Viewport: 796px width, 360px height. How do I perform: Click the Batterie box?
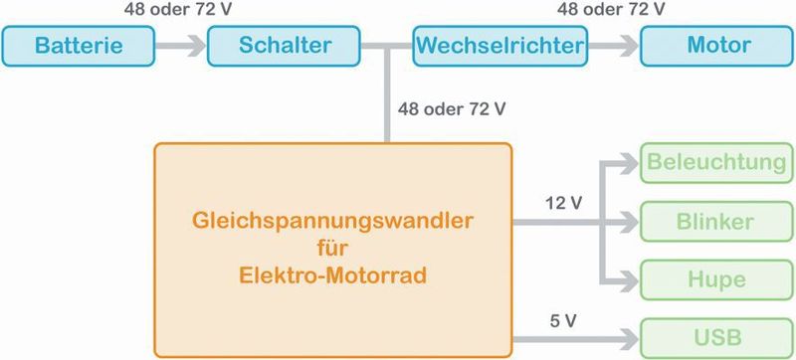click(x=80, y=46)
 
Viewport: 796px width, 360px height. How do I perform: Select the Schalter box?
click(x=285, y=46)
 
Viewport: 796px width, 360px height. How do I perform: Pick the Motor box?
click(x=717, y=46)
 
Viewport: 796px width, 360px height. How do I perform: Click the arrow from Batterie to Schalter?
click(x=182, y=46)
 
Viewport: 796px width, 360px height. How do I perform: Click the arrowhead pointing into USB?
click(x=630, y=336)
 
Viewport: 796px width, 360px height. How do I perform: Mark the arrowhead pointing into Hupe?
click(x=630, y=279)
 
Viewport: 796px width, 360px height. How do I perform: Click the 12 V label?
click(x=563, y=203)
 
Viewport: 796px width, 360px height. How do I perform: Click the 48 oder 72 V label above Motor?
click(x=611, y=10)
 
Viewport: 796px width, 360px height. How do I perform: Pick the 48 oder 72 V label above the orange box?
click(x=451, y=107)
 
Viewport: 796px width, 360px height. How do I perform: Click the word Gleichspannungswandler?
click(x=332, y=217)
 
